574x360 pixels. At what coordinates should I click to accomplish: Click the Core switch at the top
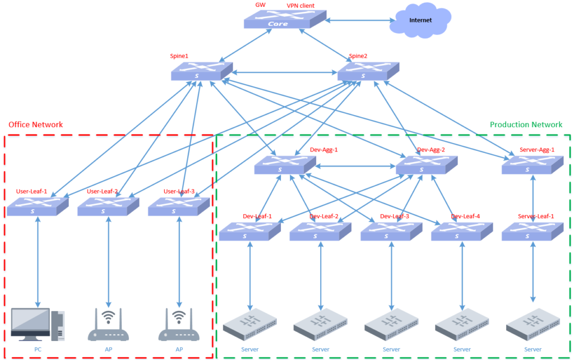pos(285,20)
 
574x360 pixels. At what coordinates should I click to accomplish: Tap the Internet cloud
pos(420,21)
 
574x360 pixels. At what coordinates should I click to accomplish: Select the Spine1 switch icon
pos(202,71)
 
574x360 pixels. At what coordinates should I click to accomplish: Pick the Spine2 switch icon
pos(368,71)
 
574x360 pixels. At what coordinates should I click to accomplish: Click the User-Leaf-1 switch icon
pos(38,206)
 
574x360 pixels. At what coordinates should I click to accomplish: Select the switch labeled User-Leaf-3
pos(179,206)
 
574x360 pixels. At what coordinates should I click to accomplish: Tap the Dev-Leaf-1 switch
pos(249,230)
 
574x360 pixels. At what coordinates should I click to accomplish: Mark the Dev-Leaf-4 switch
pos(462,230)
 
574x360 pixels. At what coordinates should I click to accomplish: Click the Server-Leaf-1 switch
pos(532,230)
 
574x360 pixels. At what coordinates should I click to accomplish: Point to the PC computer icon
pos(38,325)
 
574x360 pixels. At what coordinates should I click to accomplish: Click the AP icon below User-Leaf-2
pos(108,326)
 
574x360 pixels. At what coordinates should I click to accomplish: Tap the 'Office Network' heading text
pos(36,124)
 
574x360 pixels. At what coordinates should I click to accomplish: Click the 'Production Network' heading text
pos(526,124)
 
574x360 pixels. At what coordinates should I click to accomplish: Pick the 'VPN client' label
pos(300,6)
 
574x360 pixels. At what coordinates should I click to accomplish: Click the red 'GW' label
pos(260,4)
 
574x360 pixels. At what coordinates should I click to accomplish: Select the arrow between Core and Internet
pos(359,20)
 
